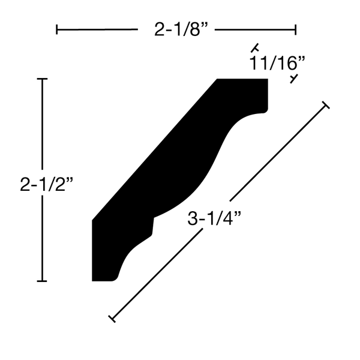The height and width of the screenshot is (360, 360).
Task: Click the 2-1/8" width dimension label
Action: (181, 29)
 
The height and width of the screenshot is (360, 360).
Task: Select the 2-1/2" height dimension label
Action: (47, 184)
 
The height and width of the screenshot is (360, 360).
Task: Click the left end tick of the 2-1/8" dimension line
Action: (57, 29)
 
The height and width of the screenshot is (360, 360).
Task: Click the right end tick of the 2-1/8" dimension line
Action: (296, 29)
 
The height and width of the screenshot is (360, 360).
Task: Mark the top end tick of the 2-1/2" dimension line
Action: (42, 79)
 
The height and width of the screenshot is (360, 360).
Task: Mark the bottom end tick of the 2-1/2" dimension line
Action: (42, 281)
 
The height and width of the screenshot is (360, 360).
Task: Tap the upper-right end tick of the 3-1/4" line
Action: (326, 104)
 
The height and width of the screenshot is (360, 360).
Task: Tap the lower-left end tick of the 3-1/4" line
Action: (112, 319)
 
